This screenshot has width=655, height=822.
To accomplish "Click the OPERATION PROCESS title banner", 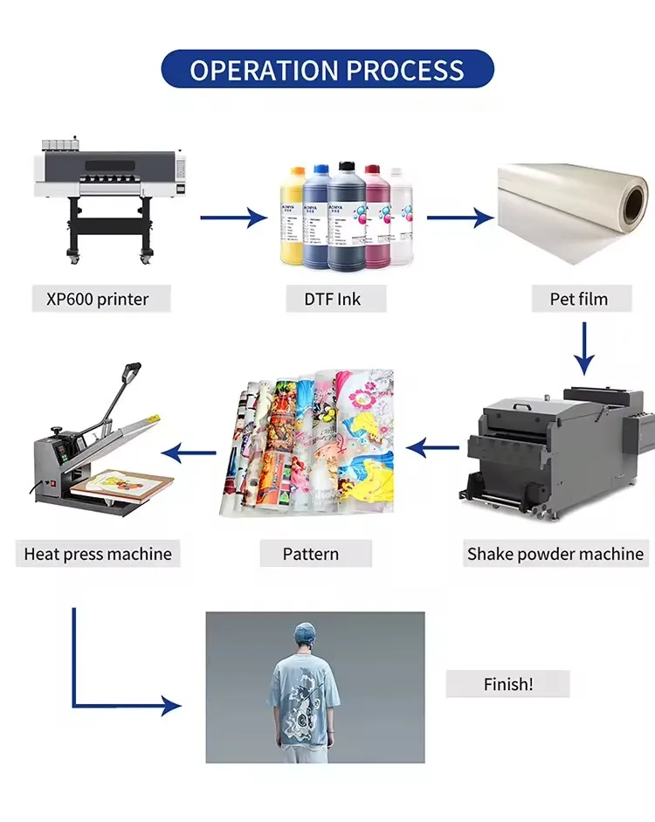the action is point(327,70).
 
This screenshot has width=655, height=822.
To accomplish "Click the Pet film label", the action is point(579,299).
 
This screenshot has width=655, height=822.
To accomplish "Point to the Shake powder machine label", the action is point(555,553).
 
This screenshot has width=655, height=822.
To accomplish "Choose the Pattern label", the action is point(310,553).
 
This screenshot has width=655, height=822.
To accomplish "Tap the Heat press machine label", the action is point(98,553).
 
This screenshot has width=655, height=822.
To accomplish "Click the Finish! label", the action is point(507,684).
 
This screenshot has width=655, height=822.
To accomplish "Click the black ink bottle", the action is point(347,215).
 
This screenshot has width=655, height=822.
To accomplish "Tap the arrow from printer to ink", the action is point(233,217).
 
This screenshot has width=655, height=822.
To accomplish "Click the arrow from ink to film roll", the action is point(460,217).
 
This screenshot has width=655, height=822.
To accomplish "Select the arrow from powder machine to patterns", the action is point(434,450).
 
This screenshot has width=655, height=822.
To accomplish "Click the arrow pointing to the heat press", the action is point(190,452).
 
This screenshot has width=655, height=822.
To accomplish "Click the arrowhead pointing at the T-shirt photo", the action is point(170,706).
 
